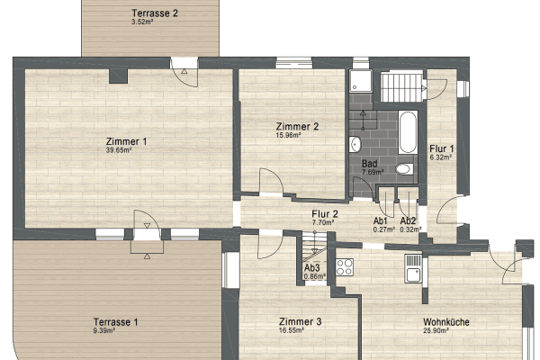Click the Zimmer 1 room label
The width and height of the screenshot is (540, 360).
pyautogui.click(x=126, y=141)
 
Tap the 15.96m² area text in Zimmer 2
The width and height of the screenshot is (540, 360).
pyautogui.click(x=295, y=136)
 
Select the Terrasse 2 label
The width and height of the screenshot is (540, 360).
pyautogui.click(x=155, y=13)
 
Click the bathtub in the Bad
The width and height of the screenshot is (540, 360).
pyautogui.click(x=406, y=133)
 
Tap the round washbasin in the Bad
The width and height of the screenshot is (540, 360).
pyautogui.click(x=355, y=144)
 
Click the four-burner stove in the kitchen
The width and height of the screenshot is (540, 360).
pyautogui.click(x=345, y=265)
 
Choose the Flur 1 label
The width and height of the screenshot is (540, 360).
pyautogui.click(x=441, y=148)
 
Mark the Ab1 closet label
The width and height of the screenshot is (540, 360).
pyautogui.click(x=380, y=220)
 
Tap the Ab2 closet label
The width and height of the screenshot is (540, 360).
pyautogui.click(x=408, y=220)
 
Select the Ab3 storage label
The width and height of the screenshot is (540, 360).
pyautogui.click(x=313, y=268)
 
